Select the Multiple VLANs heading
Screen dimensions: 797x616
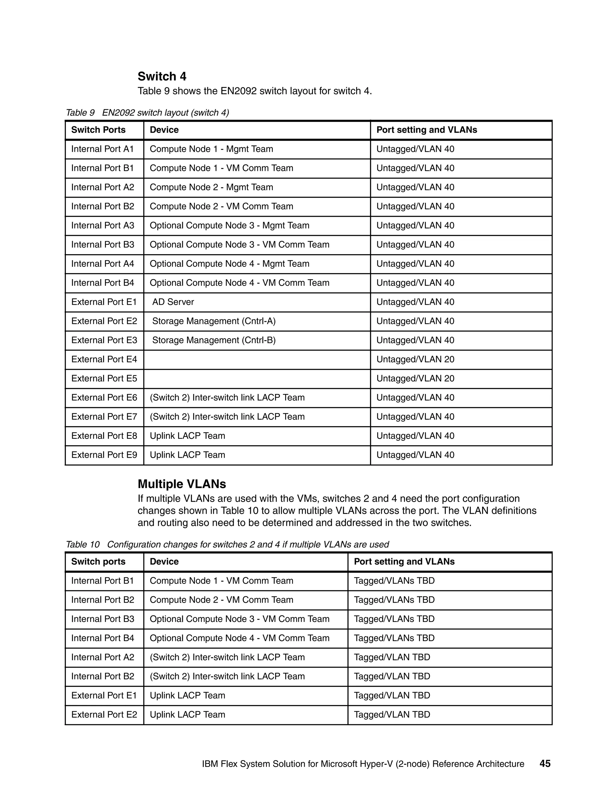pyautogui.click(x=182, y=484)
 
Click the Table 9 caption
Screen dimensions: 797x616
pyautogui.click(x=147, y=113)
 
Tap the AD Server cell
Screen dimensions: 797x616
pyautogui.click(x=173, y=302)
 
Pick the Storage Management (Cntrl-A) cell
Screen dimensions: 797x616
pyautogui.click(x=214, y=321)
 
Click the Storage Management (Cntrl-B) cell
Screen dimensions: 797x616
pyautogui.click(x=214, y=340)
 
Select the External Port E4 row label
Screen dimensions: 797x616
pyautogui.click(x=104, y=359)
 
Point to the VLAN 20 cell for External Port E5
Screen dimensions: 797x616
pyautogui.click(x=415, y=378)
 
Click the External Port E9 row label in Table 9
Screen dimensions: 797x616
pyautogui.click(x=104, y=455)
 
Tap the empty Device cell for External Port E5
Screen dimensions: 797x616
pyautogui.click(x=257, y=378)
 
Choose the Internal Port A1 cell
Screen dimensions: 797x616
pyautogui.click(x=103, y=149)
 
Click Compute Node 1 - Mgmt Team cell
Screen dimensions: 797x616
pyautogui.click(x=211, y=149)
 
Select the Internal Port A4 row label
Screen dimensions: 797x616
pyautogui.click(x=103, y=264)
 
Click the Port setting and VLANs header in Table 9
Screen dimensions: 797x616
pyautogui.click(x=427, y=130)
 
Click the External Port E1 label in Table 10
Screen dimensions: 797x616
pyautogui.click(x=104, y=696)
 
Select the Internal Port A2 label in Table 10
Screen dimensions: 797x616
pyautogui.click(x=103, y=657)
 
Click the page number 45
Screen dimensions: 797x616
pyautogui.click(x=545, y=764)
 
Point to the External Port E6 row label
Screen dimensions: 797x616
pyautogui.click(x=104, y=398)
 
